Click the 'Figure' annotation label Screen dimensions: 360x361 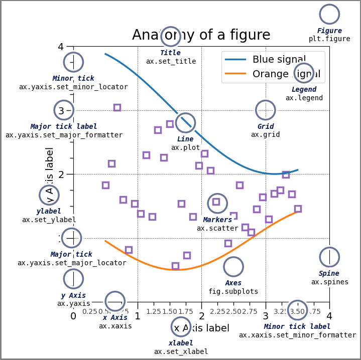329,31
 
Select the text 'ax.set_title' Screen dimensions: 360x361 171,61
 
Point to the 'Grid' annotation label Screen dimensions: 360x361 265,126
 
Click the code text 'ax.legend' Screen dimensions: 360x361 304,98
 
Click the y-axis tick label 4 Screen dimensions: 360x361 61,47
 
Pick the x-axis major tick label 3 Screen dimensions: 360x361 266,316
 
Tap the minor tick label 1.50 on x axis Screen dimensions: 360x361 169,311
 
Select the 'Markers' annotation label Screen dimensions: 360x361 217,220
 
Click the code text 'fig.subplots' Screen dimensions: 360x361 233,291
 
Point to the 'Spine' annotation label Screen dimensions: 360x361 329,273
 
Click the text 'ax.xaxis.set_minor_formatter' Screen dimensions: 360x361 297,335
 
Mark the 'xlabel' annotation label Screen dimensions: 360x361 181,343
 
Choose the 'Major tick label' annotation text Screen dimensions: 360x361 64,126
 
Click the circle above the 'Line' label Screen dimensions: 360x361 185,123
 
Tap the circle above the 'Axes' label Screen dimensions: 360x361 233,267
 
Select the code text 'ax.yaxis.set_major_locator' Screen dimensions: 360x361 72,263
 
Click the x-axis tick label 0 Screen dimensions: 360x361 73,316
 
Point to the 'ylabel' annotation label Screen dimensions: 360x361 49,211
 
